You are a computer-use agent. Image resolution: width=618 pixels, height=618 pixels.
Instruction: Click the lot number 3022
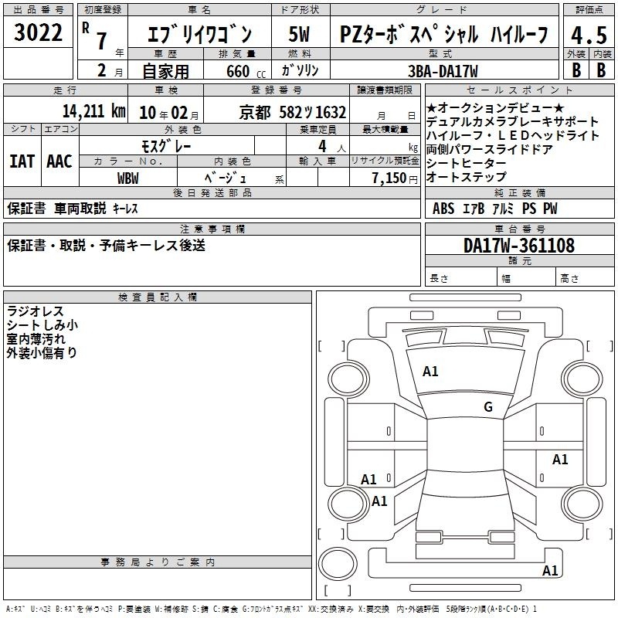click(38, 32)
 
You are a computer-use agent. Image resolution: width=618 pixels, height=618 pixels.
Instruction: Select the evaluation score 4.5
click(589, 35)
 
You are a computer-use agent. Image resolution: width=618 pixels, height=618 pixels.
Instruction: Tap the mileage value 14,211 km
click(93, 111)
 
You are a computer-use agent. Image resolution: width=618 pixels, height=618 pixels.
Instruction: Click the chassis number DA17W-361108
click(519, 246)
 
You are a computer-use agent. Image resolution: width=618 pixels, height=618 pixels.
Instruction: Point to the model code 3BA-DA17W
click(443, 71)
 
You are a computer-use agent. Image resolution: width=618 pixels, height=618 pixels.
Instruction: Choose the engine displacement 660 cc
click(246, 71)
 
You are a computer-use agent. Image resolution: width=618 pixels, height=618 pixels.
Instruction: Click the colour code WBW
click(127, 178)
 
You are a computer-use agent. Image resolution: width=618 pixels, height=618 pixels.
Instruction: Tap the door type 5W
click(299, 34)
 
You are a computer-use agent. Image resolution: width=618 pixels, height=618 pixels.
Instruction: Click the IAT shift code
click(22, 161)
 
